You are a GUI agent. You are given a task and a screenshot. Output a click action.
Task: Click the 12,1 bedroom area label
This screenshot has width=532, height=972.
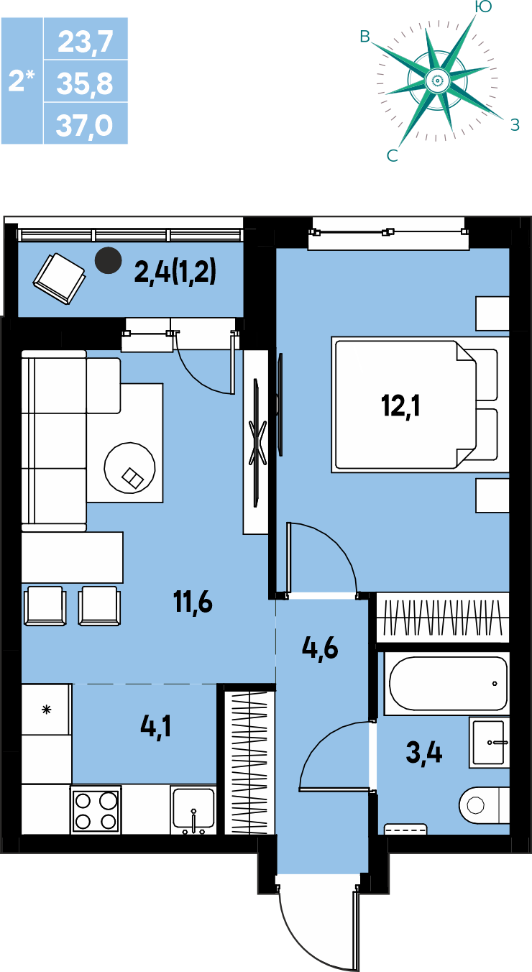[x=400, y=407]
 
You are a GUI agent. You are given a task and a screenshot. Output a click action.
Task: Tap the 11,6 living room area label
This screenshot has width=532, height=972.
[x=193, y=602]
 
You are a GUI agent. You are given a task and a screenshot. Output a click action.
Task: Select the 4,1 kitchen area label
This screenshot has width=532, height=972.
[x=155, y=727]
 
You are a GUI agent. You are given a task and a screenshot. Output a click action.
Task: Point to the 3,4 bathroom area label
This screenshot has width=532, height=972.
[x=424, y=753]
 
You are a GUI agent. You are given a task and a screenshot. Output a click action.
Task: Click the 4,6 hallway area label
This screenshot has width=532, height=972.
[x=320, y=648]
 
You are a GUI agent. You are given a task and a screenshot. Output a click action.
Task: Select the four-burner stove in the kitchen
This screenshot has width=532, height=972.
[x=96, y=810]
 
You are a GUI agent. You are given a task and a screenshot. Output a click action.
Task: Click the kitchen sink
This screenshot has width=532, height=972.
[x=193, y=810]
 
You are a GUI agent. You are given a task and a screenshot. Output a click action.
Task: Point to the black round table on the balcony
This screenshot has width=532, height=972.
[x=108, y=260]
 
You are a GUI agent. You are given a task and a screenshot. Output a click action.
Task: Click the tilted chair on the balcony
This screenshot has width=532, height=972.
[x=60, y=279]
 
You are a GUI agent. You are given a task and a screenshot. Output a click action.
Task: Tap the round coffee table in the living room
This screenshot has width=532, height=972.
[x=129, y=467]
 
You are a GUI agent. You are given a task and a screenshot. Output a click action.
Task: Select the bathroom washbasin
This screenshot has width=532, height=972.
[x=489, y=743]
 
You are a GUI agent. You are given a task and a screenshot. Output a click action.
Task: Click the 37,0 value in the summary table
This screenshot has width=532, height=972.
[x=85, y=125]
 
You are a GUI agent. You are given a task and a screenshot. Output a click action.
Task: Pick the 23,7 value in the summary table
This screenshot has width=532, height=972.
[x=86, y=42]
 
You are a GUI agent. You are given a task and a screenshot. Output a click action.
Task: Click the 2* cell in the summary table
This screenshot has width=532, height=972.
[x=22, y=81]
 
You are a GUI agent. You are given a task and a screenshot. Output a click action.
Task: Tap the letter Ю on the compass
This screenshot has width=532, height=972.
[x=483, y=6]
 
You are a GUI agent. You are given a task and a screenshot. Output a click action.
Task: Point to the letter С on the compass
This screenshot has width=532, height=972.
[x=393, y=155]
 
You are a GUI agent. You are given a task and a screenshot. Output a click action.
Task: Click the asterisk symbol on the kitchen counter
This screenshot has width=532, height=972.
[x=47, y=710]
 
